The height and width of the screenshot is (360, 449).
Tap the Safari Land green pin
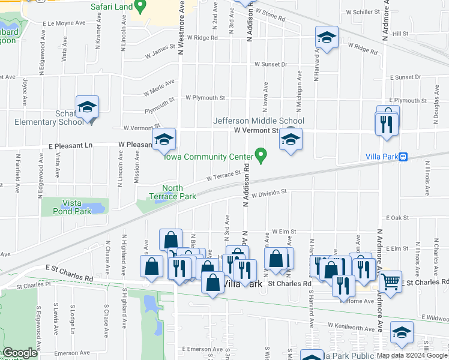(x=140, y=7)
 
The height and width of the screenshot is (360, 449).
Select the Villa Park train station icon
(x=403, y=157)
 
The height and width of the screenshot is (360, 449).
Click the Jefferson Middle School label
(x=259, y=121)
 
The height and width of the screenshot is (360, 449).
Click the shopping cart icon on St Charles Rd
(x=391, y=280)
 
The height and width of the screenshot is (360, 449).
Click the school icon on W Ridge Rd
(x=325, y=38)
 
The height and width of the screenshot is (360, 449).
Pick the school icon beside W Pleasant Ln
(x=163, y=140)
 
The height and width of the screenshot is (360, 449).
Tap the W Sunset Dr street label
(x=271, y=64)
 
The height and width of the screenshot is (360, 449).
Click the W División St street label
(x=270, y=194)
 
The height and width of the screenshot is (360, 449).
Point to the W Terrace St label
(x=223, y=175)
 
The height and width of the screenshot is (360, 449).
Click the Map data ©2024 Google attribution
(x=412, y=355)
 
